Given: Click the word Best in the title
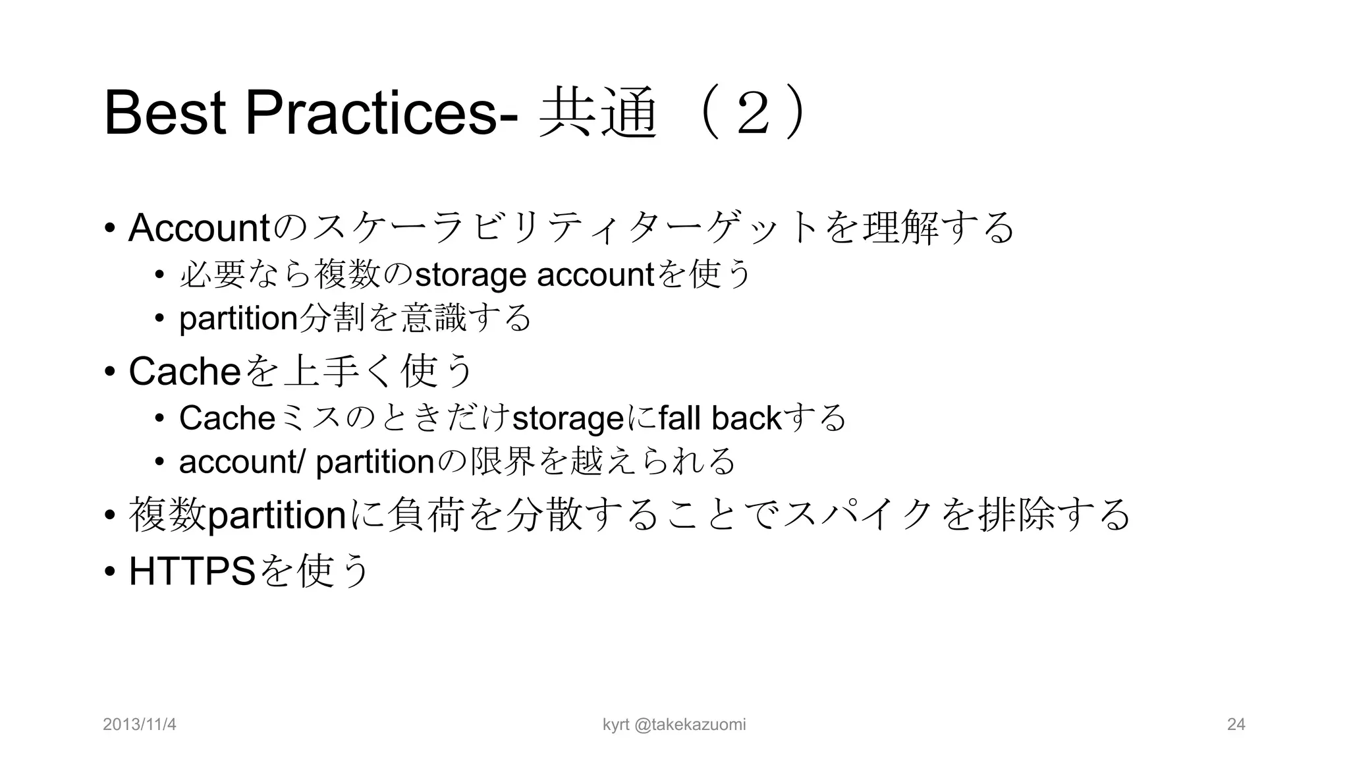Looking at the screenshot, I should [165, 113].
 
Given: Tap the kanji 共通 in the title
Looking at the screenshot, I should [598, 113].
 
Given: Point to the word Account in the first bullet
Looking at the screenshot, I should [199, 228].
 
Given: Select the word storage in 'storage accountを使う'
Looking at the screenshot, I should [471, 275].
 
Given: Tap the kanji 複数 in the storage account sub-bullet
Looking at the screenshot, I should [348, 275].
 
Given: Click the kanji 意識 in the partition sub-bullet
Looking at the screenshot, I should [433, 318].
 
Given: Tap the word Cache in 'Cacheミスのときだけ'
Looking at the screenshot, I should [227, 418].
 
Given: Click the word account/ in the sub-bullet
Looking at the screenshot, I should [242, 461].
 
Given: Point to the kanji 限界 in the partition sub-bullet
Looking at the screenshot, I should [501, 461].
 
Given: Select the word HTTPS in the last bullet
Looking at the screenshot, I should [192, 571].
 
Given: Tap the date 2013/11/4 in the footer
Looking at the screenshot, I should [140, 725].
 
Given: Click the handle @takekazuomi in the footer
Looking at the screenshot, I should [690, 725].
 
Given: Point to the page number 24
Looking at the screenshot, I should [1236, 725].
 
